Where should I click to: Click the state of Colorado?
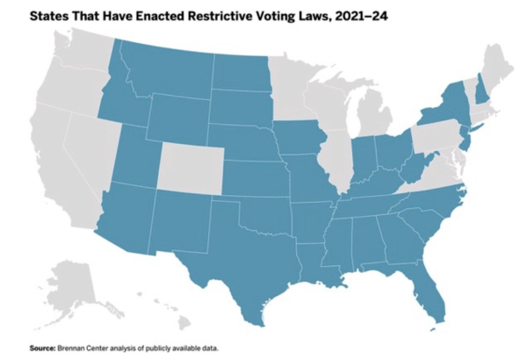(191, 169)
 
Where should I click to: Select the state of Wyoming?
(178, 119)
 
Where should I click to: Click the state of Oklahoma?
(261, 215)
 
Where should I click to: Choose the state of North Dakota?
(242, 72)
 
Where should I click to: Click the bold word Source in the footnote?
(42, 349)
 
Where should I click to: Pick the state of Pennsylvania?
(437, 137)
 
